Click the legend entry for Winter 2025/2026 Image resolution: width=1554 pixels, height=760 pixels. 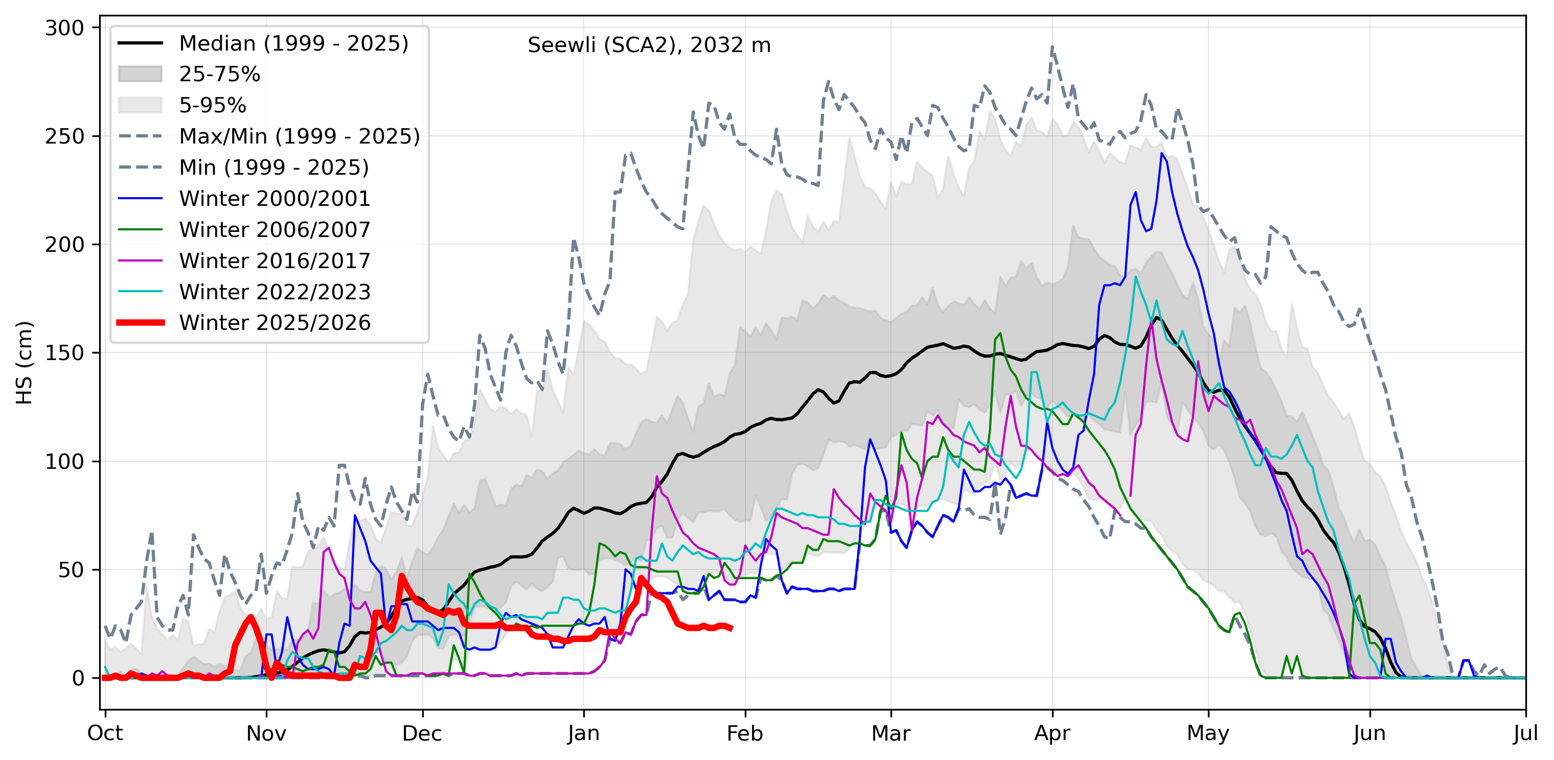coord(275,323)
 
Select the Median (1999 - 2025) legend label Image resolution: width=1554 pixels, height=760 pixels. coord(294,43)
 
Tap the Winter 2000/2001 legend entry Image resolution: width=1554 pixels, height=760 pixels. coord(275,198)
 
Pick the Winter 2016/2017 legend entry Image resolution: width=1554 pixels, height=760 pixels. coord(275,261)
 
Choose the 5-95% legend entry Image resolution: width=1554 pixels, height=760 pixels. coord(212,106)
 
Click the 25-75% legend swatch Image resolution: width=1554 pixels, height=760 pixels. coord(140,74)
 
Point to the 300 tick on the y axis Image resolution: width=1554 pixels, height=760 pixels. coord(64,28)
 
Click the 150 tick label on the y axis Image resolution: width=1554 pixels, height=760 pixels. coord(64,353)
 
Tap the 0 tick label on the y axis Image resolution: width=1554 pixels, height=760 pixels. coord(78,679)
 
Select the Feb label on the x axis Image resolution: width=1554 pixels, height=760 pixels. coord(744,733)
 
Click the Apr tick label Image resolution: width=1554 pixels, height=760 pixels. coord(1052,733)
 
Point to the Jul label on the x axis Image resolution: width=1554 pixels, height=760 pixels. coord(1525,733)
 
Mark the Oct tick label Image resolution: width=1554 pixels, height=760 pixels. coord(105,733)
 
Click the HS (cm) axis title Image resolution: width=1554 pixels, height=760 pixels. coord(24,363)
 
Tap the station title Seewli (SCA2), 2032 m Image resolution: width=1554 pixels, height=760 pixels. coord(649,45)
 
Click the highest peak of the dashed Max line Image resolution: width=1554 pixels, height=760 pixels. coord(1052,46)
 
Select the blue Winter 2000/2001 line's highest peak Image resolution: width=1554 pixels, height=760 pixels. coord(1162,153)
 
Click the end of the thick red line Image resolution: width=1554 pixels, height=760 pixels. coord(731,629)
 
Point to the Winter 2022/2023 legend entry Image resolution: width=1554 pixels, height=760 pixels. coord(275,292)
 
